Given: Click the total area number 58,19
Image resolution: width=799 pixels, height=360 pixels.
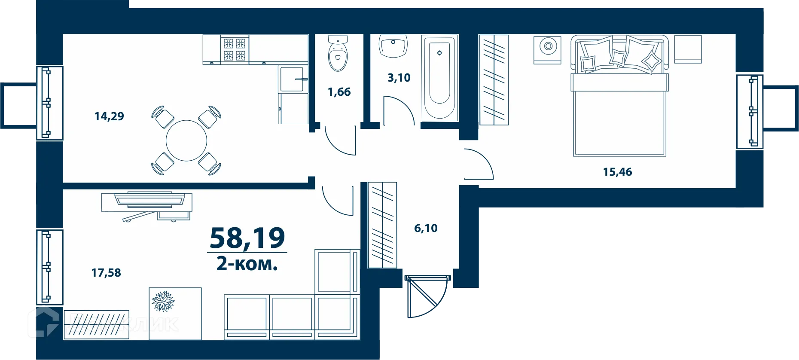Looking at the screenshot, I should pyautogui.click(x=247, y=238).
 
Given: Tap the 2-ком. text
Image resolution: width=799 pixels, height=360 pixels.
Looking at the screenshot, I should pyautogui.click(x=247, y=263).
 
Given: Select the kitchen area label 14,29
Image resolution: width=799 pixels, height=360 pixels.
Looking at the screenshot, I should pyautogui.click(x=109, y=116).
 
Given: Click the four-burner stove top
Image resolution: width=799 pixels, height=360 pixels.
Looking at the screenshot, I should pyautogui.click(x=235, y=49).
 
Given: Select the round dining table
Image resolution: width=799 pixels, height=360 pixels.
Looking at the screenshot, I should pyautogui.click(x=186, y=140).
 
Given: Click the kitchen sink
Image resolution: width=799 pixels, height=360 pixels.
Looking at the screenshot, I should pyautogui.click(x=293, y=79).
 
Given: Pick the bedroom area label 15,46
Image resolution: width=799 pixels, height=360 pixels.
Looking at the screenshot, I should pyautogui.click(x=617, y=172).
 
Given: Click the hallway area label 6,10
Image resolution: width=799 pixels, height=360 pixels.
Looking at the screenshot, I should pyautogui.click(x=426, y=228).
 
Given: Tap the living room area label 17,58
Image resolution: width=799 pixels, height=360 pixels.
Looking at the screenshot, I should pyautogui.click(x=106, y=273).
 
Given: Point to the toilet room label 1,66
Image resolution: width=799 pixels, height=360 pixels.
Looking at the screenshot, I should pyautogui.click(x=339, y=92).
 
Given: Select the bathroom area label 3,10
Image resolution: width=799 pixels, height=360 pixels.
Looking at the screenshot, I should pyautogui.click(x=399, y=78).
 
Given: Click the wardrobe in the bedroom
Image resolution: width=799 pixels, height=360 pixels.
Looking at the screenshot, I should pyautogui.click(x=494, y=80).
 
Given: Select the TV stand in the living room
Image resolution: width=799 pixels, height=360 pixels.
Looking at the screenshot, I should pyautogui.click(x=146, y=202).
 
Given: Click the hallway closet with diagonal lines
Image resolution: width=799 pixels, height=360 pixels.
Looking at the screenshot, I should pyautogui.click(x=382, y=225).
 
